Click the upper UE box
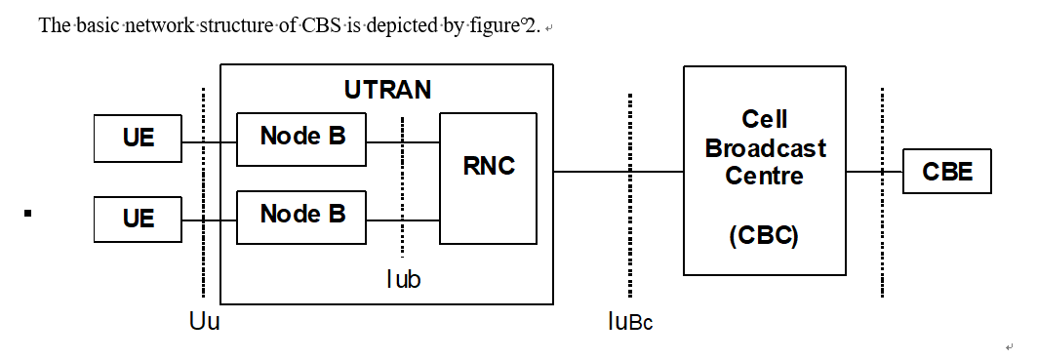click(x=138, y=139)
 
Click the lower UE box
click(x=138, y=219)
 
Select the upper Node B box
click(x=301, y=138)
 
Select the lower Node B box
click(x=301, y=215)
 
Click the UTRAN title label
click(x=387, y=91)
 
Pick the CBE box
click(x=947, y=173)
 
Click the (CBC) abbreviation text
click(x=765, y=236)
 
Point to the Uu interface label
click(x=204, y=321)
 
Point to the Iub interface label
click(x=403, y=279)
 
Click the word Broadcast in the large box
click(x=765, y=148)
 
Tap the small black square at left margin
click(x=28, y=212)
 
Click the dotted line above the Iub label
click(x=402, y=185)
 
